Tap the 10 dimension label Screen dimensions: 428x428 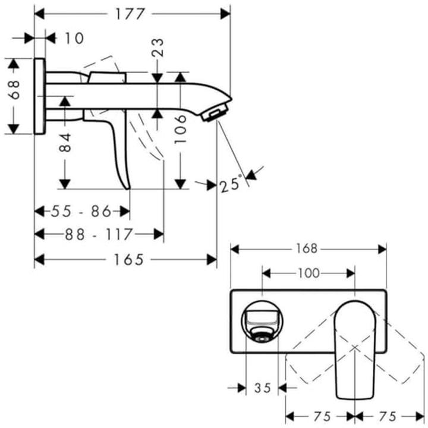pyautogui.click(x=74, y=38)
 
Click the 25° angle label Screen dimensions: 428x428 pyautogui.click(x=232, y=183)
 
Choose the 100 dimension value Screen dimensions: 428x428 pyautogui.click(x=308, y=273)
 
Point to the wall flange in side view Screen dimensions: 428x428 pyautogui.click(x=40, y=96)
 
